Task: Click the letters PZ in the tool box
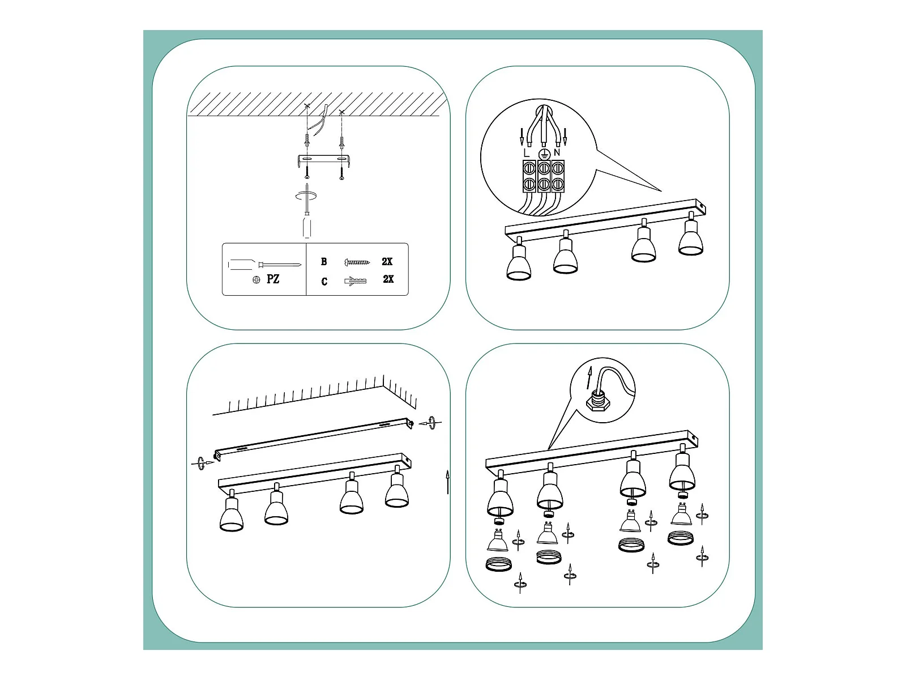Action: [x=273, y=279]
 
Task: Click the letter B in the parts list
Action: [x=324, y=261]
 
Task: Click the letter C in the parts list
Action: [x=324, y=282]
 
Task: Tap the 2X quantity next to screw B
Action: [x=387, y=261]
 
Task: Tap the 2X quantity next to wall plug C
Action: [x=388, y=279]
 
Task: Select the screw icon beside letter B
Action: [x=357, y=262]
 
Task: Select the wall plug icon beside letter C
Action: [x=356, y=281]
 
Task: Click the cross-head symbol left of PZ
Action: [x=257, y=280]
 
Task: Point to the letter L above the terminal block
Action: [x=526, y=153]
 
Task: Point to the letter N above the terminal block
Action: [x=557, y=153]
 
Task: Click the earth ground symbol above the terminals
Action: [x=544, y=155]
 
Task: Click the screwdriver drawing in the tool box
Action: [x=264, y=264]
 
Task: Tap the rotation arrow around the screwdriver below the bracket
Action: [x=306, y=196]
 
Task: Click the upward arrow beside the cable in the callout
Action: [x=590, y=377]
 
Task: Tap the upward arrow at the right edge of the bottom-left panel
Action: [x=447, y=482]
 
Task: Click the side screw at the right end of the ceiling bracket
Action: [x=431, y=423]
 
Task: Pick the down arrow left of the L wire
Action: [x=522, y=137]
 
